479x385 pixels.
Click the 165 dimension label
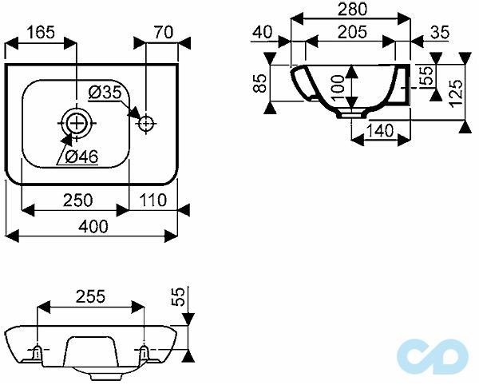(41, 32)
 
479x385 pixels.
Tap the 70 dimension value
(163, 32)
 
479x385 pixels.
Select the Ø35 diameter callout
(105, 93)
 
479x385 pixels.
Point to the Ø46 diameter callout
(82, 157)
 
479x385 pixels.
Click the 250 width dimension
(77, 200)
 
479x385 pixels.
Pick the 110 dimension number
(152, 200)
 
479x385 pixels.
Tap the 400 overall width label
(93, 226)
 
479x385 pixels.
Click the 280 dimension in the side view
(352, 10)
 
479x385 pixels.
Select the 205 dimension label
(352, 32)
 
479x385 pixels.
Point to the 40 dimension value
(263, 32)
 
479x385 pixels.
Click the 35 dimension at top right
(440, 32)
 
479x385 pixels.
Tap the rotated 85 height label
(260, 83)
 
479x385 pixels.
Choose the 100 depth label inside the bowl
(337, 89)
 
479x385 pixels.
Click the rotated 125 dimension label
(456, 93)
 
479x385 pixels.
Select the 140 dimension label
(380, 131)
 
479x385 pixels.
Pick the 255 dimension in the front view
(90, 296)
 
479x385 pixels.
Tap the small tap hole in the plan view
(146, 124)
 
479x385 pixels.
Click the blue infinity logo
(433, 355)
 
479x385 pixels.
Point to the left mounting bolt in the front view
(37, 352)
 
